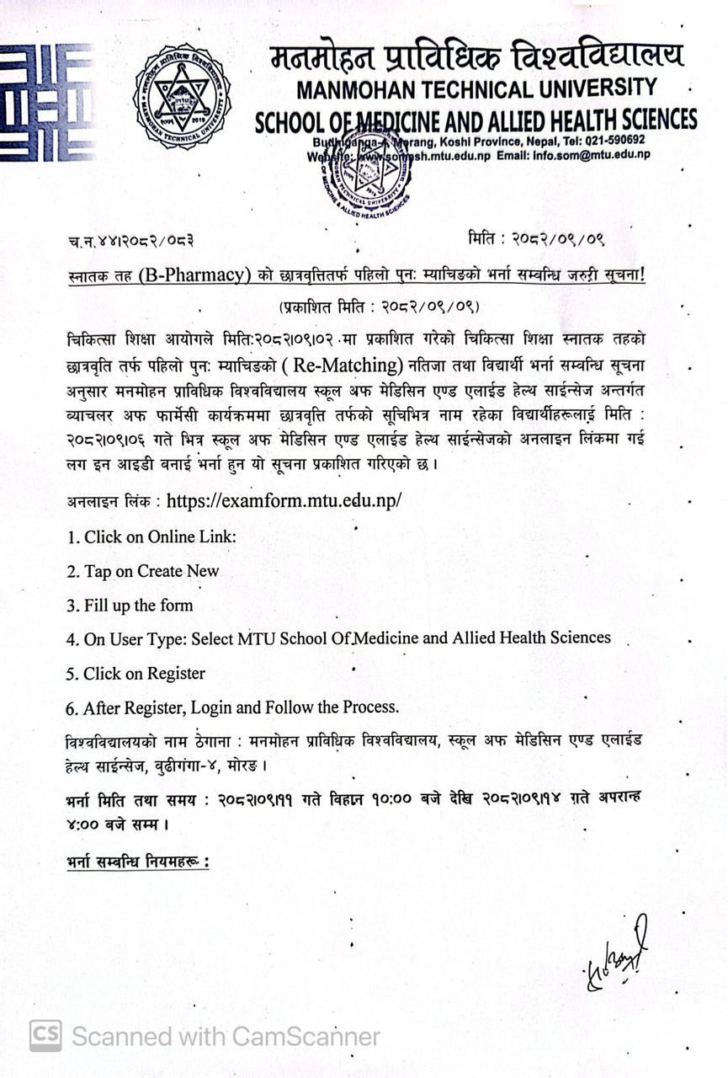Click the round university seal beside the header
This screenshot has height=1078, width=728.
coord(182,97)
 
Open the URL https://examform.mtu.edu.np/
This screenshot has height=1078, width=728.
coord(284,500)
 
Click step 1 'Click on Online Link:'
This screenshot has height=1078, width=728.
coord(151,536)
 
